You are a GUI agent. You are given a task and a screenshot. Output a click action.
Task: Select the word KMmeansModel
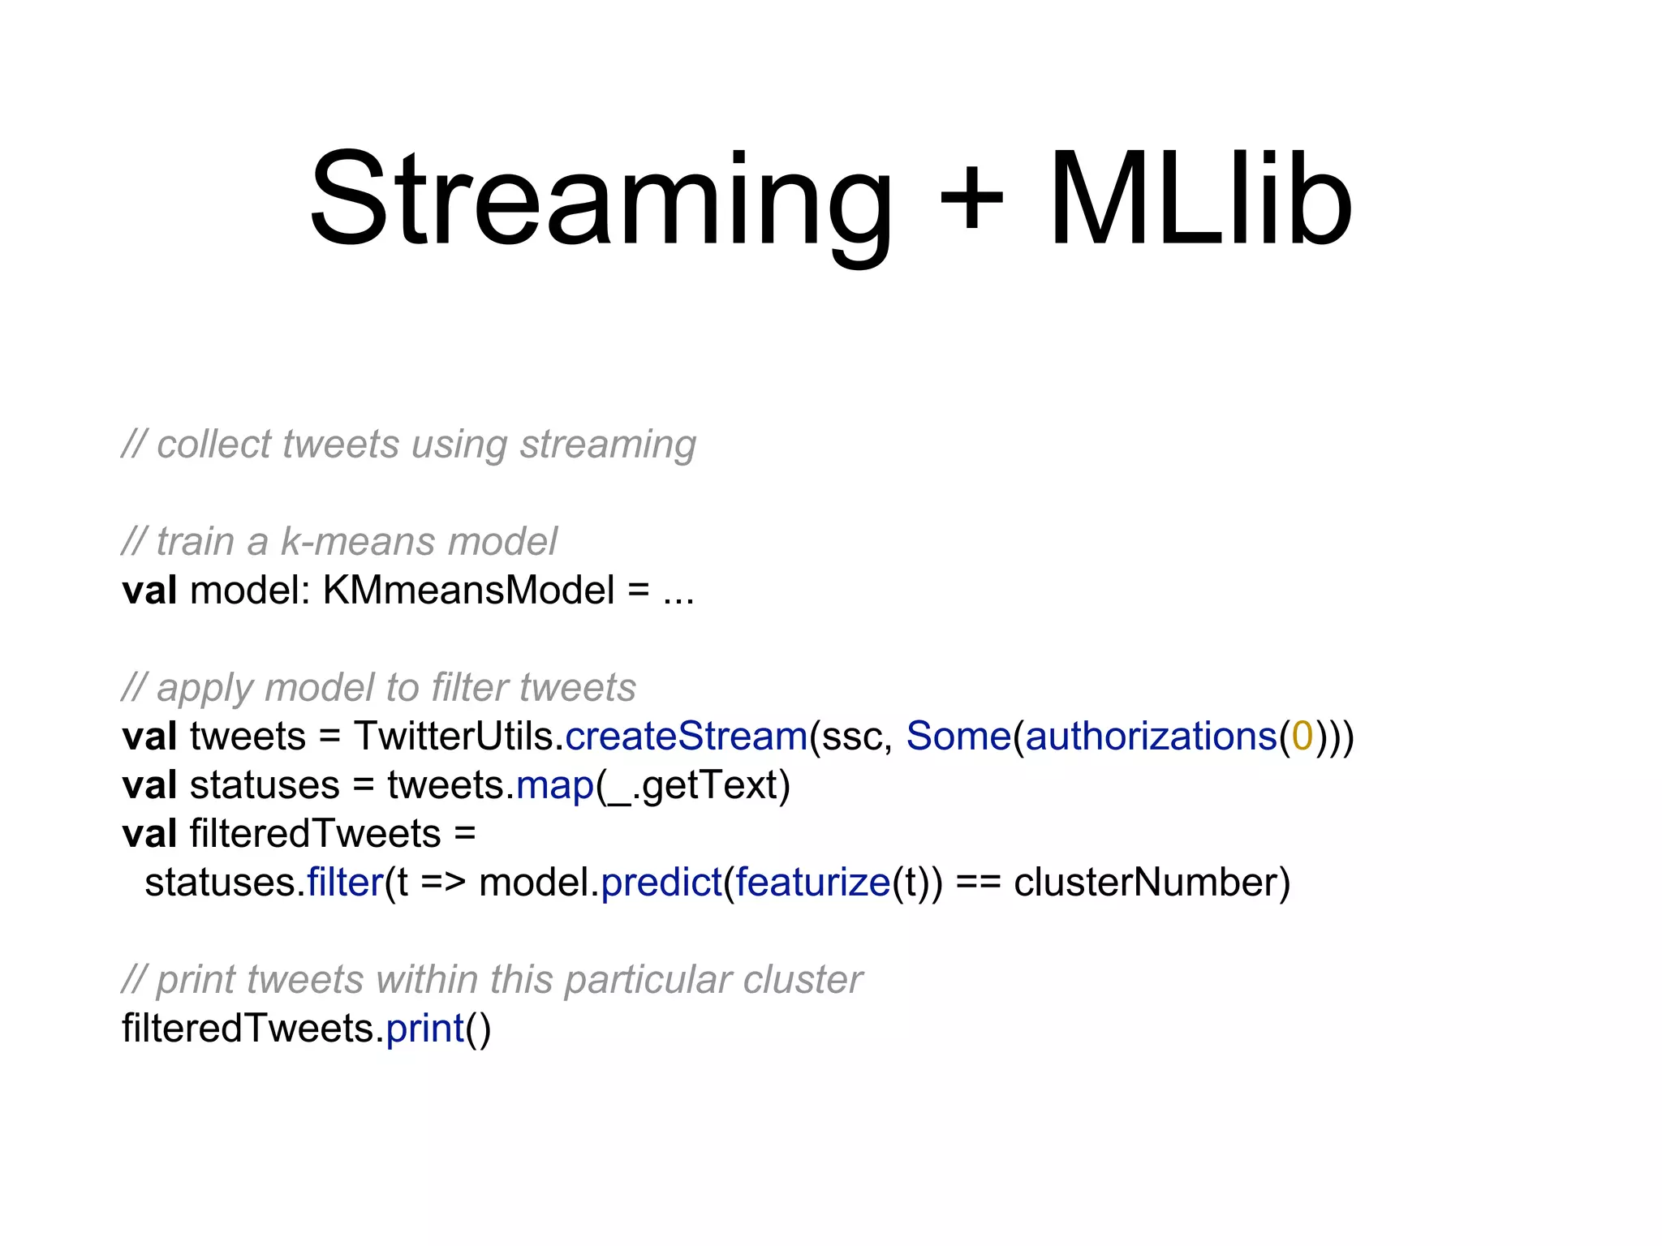pyautogui.click(x=468, y=591)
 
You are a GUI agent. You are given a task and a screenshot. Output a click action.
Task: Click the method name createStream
pyautogui.click(x=686, y=737)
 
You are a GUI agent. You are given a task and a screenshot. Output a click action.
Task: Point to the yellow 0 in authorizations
pyautogui.click(x=1302, y=737)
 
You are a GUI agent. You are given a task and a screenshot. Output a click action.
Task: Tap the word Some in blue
pyautogui.click(x=958, y=737)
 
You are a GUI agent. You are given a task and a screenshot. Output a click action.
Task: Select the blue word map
pyautogui.click(x=555, y=785)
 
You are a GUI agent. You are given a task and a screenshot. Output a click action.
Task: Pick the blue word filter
pyautogui.click(x=345, y=883)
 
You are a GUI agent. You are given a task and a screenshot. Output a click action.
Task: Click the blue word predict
pyautogui.click(x=661, y=883)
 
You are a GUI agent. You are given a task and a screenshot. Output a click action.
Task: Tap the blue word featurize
pyautogui.click(x=813, y=883)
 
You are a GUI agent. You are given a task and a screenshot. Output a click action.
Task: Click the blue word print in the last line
pyautogui.click(x=424, y=1029)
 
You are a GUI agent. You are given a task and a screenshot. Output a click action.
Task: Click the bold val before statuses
pyautogui.click(x=149, y=785)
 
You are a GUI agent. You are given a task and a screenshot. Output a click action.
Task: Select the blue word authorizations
pyautogui.click(x=1151, y=737)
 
